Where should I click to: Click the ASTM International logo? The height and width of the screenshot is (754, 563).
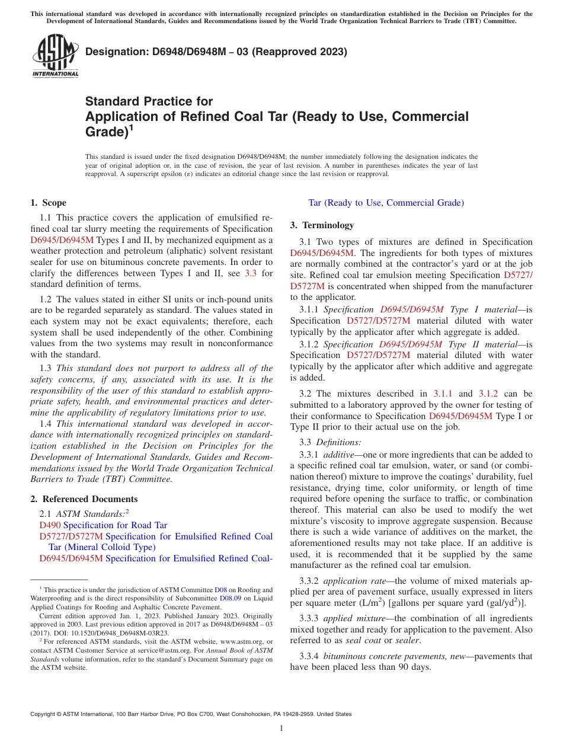point(55,57)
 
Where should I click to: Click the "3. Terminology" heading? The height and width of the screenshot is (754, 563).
point(322,225)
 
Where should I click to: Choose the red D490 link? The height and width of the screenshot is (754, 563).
point(50,525)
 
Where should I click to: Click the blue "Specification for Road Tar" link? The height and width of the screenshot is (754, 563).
point(115,525)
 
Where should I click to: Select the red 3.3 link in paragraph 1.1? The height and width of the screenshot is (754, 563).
point(251,273)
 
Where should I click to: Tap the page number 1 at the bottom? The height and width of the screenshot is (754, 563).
point(281,728)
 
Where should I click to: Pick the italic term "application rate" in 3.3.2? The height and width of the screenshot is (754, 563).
point(354,582)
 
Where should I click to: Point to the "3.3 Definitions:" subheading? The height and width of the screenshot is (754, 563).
point(330,442)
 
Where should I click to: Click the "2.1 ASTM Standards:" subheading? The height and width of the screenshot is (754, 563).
point(84,513)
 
